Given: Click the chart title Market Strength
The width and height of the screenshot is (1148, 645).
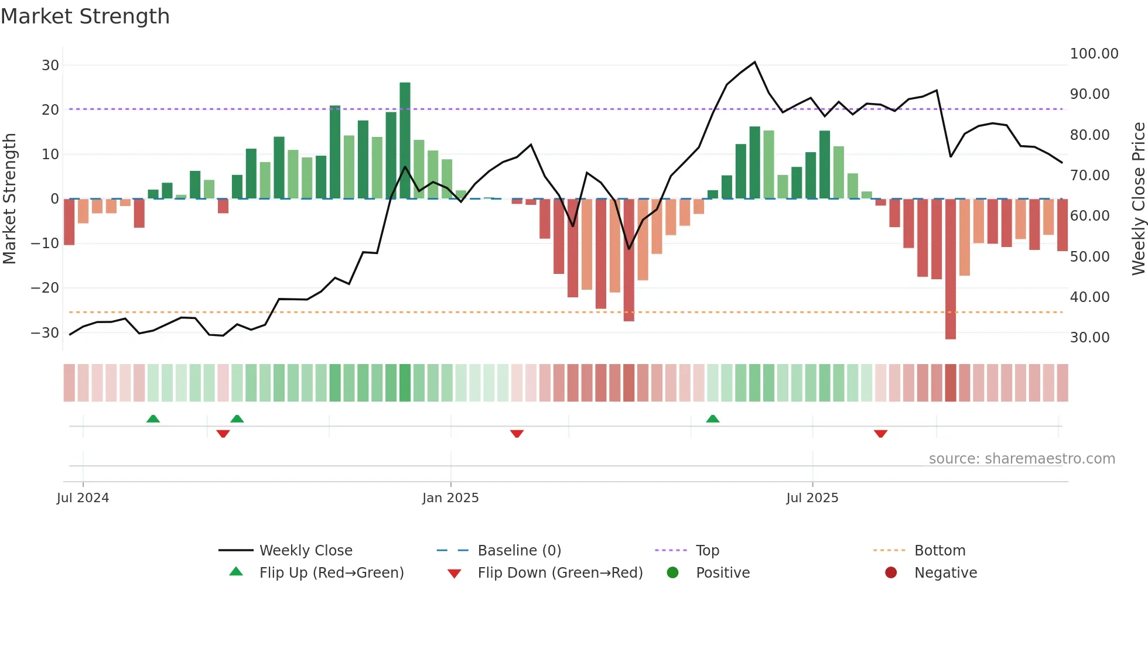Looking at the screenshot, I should click(86, 16).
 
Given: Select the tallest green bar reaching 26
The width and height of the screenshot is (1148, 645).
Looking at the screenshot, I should click(405, 140).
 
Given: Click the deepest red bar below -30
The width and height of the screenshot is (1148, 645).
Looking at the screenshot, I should click(950, 269).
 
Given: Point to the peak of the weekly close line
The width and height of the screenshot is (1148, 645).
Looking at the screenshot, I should click(754, 62).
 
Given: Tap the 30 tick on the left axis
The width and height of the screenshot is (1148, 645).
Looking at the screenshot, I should click(50, 66).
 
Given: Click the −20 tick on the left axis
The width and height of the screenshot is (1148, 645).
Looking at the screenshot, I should click(45, 288).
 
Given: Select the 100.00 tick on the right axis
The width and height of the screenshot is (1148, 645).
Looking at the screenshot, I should click(1094, 54).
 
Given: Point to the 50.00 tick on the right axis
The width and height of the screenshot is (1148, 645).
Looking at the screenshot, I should click(1089, 257).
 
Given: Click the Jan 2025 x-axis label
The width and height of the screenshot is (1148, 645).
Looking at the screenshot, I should click(450, 498).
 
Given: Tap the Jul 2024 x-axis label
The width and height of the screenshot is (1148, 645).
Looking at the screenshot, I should click(83, 498).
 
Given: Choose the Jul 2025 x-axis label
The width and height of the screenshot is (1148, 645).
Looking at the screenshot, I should click(812, 498).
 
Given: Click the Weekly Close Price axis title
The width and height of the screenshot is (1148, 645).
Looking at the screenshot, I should click(1138, 199).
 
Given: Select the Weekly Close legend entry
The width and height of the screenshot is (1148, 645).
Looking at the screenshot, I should click(305, 551).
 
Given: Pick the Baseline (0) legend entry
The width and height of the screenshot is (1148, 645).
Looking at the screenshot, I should click(519, 551).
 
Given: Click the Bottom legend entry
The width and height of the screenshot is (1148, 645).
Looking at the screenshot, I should click(939, 551).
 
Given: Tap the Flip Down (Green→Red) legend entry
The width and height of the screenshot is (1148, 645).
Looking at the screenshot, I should click(559, 573).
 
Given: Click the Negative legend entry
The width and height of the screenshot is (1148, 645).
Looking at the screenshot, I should click(945, 573).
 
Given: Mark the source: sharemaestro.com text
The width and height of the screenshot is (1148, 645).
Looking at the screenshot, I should click(1021, 459).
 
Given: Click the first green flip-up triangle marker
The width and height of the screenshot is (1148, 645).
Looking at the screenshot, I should click(153, 419).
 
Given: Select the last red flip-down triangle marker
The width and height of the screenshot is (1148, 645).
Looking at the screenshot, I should click(880, 434).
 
